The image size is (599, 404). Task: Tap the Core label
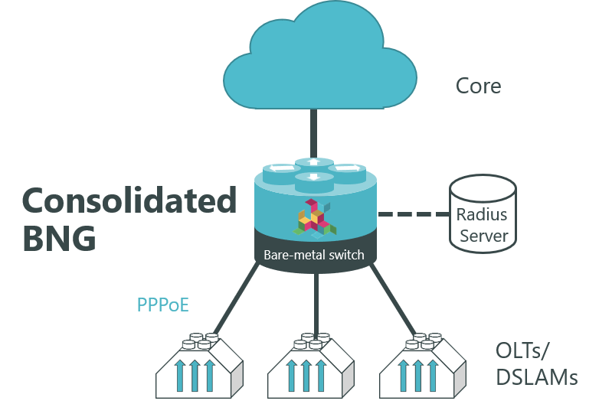point(478,85)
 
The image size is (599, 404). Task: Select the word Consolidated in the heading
point(129,200)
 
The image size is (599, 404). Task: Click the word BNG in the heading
point(60,238)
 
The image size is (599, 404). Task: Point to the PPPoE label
point(162,305)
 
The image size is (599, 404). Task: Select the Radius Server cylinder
point(481,213)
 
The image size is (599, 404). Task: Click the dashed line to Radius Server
point(414,214)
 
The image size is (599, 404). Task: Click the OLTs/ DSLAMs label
point(535,364)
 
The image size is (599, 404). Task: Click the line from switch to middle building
point(316,302)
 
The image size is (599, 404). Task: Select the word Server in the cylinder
point(481,235)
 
